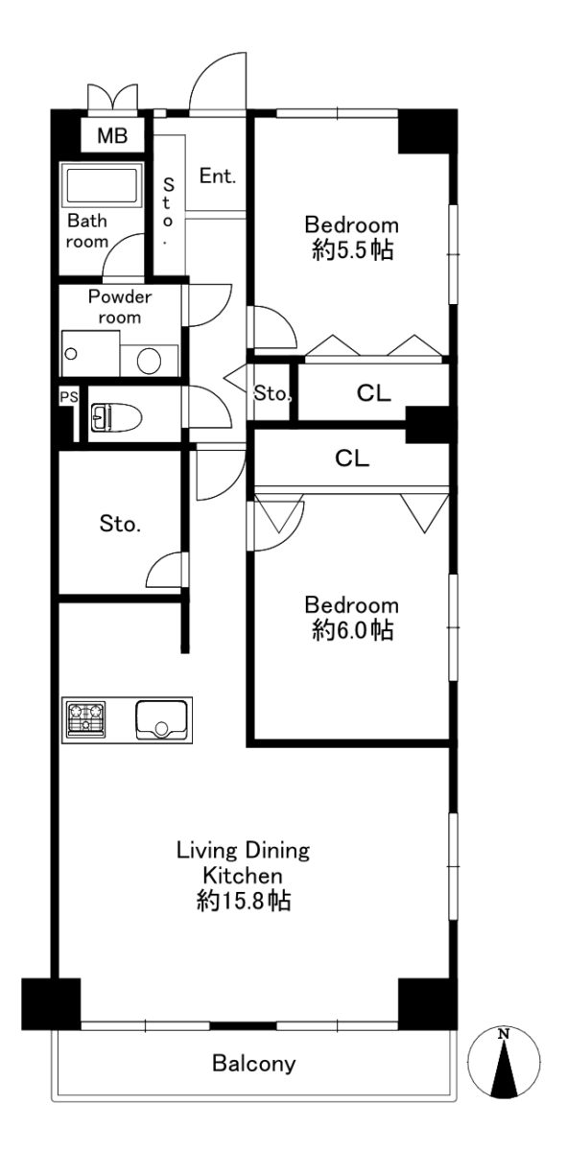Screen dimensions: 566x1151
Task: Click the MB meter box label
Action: click(112, 135)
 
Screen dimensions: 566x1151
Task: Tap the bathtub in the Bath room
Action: click(102, 184)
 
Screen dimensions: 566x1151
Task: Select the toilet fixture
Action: click(116, 416)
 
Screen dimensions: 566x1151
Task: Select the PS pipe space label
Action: click(69, 397)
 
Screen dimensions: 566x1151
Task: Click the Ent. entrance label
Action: click(218, 176)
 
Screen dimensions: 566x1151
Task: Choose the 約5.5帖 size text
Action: click(352, 250)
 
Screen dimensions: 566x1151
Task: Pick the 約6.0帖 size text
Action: click(352, 630)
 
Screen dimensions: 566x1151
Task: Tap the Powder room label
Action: click(120, 307)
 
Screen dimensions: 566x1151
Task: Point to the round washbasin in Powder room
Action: click(150, 361)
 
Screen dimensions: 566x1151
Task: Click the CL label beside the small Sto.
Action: click(374, 393)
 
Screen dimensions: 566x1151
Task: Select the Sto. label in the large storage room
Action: click(120, 524)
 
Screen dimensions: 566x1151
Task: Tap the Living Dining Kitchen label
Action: click(243, 862)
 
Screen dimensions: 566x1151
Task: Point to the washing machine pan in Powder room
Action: click(90, 354)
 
